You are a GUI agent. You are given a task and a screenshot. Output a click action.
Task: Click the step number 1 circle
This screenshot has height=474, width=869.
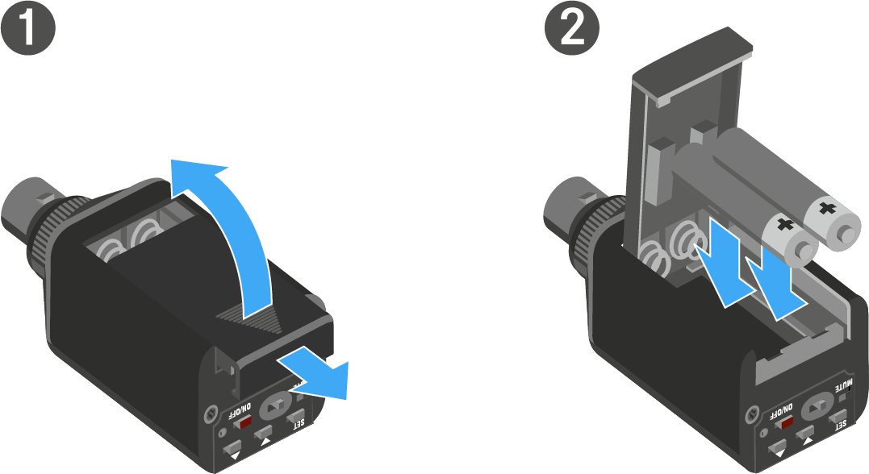click(27, 27)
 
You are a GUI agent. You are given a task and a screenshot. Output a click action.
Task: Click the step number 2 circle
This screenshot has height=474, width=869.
click(573, 27)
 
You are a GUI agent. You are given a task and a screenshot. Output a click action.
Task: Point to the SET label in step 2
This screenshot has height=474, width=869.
click(841, 425)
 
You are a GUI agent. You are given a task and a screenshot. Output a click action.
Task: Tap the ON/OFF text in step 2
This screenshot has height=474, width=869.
click(781, 413)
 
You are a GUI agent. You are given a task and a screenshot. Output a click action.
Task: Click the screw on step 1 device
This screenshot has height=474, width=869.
click(211, 413)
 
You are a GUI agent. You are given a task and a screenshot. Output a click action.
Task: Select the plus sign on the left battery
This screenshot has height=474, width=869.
click(785, 225)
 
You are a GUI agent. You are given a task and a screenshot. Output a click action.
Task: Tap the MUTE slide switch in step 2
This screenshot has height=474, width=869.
click(844, 397)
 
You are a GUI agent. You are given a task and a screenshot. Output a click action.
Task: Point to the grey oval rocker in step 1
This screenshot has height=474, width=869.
click(275, 406)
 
